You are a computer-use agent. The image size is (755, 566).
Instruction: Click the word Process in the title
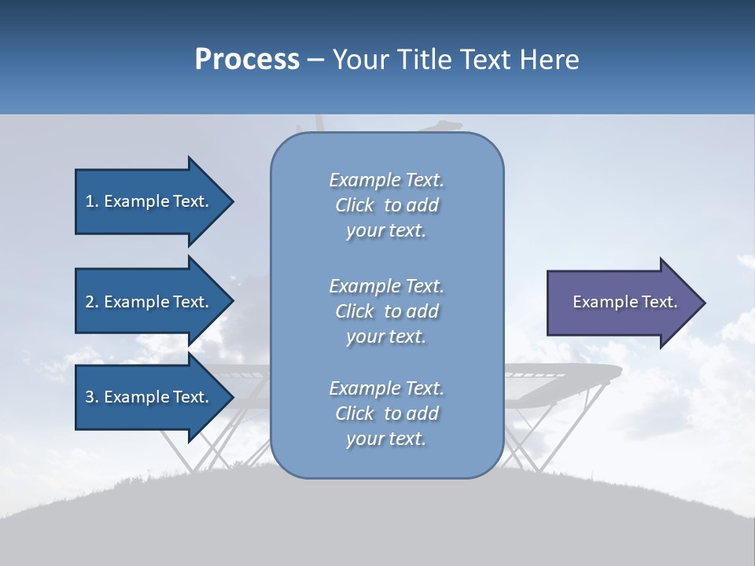(247, 60)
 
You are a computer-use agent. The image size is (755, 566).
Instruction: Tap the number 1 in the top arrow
(90, 202)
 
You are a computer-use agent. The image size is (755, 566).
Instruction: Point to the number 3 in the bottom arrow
(90, 398)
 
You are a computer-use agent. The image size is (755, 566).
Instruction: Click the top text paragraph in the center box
(386, 205)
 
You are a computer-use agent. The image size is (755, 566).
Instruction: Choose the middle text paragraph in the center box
(386, 311)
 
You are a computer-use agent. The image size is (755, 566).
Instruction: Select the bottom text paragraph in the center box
(386, 413)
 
